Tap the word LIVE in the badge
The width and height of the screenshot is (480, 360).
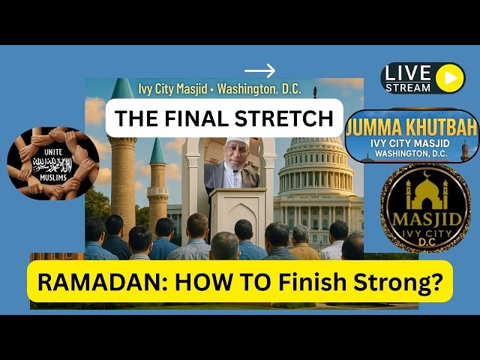coord(409,73)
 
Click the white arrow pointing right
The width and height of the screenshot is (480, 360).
coord(259,71)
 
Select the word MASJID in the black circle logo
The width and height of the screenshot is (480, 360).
coord(425,223)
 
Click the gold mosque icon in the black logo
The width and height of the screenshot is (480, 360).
coord(424,193)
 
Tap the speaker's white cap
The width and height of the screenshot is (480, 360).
coord(236,142)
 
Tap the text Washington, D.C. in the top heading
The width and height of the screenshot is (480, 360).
coord(259,88)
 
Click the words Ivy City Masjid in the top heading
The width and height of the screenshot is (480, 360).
coord(172,88)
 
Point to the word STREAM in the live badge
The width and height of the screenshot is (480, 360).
coord(409,88)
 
